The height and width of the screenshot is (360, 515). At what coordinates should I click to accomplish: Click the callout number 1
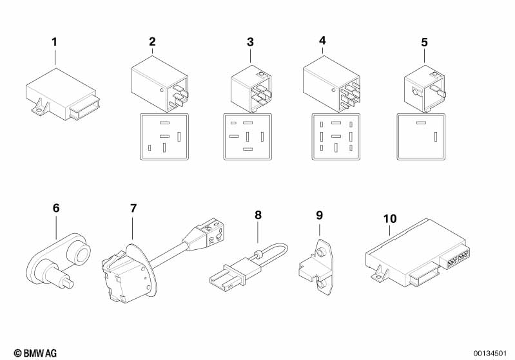click(54, 42)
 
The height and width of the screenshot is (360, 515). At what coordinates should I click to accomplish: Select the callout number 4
click(322, 41)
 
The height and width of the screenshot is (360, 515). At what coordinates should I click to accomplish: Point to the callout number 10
click(389, 219)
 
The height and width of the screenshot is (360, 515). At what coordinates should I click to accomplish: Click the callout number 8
click(258, 215)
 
